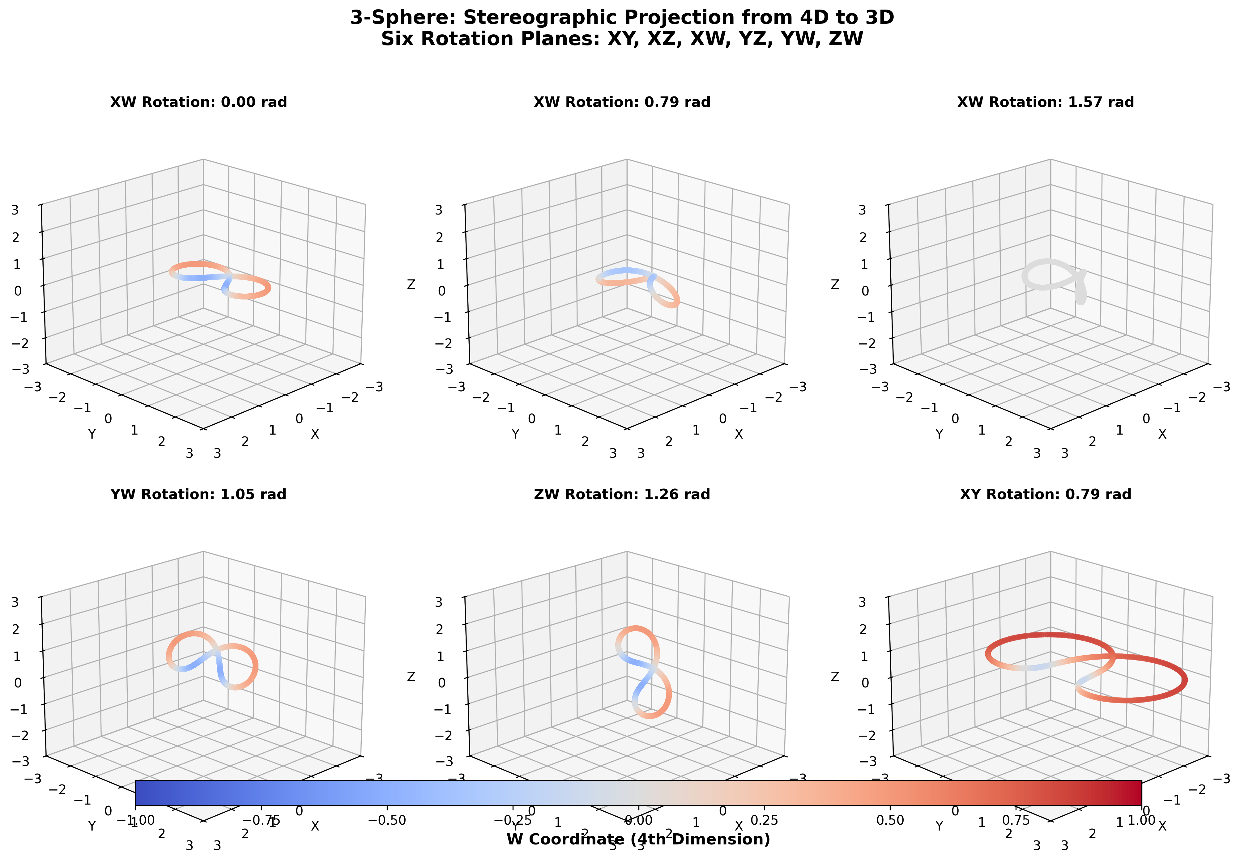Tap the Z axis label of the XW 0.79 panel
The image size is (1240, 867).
[x=411, y=284]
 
